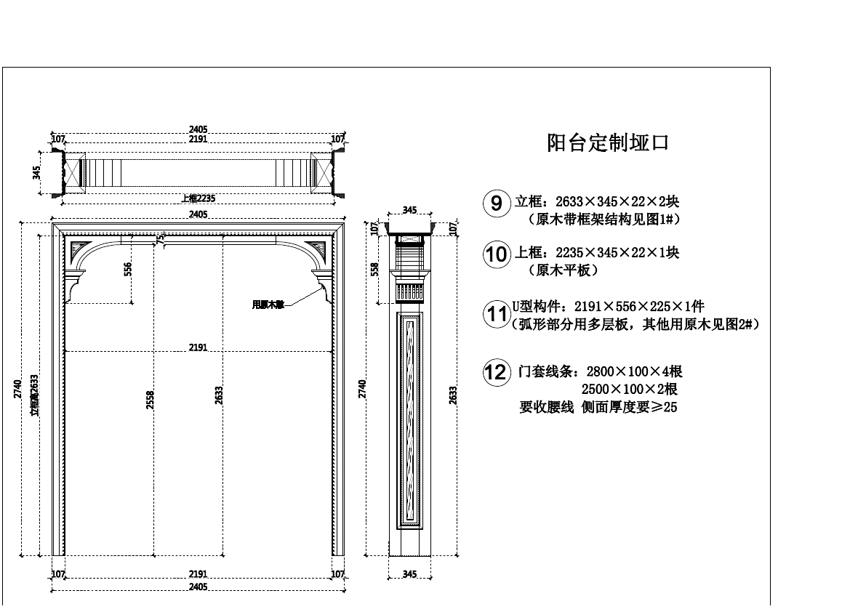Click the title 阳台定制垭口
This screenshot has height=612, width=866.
point(607,143)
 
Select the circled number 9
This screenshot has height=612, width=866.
point(496,203)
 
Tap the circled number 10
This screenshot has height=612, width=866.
point(496,254)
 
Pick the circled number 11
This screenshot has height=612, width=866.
point(496,315)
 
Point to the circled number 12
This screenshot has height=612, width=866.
point(496,373)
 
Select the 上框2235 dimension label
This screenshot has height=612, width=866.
point(198,198)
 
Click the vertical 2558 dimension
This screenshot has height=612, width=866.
point(151,400)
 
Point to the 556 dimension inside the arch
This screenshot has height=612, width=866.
point(128,270)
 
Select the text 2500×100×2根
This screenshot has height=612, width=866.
point(630,390)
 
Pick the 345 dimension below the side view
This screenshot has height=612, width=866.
point(409,575)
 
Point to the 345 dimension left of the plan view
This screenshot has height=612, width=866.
point(37,173)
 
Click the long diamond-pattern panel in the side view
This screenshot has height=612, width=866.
point(409,419)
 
